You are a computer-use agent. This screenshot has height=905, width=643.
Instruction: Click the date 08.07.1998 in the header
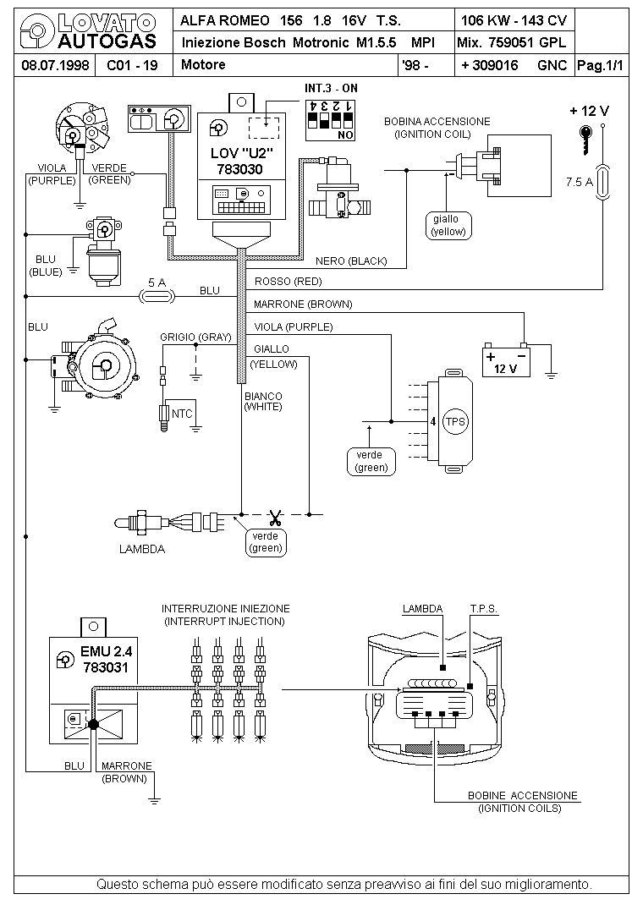pos(55,65)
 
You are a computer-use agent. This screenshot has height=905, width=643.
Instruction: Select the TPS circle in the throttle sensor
pos(455,421)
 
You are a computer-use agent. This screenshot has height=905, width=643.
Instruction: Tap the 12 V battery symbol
pos(506,360)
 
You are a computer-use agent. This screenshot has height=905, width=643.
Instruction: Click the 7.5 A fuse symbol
pos(603,182)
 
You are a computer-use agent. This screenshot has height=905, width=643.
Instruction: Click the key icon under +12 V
pos(585,139)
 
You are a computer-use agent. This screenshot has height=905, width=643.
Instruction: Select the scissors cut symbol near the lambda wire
pos(275,515)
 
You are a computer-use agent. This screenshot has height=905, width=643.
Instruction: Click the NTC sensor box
pos(181,414)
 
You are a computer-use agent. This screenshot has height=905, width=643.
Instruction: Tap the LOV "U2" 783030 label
pos(241,161)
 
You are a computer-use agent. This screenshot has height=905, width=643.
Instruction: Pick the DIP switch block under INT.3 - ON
pos(330,121)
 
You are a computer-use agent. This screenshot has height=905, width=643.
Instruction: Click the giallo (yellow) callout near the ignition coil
pos(448,225)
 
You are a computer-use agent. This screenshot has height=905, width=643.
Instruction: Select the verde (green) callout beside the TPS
pos(371,461)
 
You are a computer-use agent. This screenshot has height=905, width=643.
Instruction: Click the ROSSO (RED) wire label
pos(288,282)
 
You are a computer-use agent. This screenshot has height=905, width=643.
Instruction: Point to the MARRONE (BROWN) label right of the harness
pos(302,304)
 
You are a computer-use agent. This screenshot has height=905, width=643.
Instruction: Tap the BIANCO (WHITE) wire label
pos(263,401)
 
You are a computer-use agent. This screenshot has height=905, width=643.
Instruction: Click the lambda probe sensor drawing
pos(171,523)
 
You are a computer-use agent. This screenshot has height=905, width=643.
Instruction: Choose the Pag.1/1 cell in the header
pos(601,66)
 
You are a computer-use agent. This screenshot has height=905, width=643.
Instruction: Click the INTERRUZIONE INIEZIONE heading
pos(226,608)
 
